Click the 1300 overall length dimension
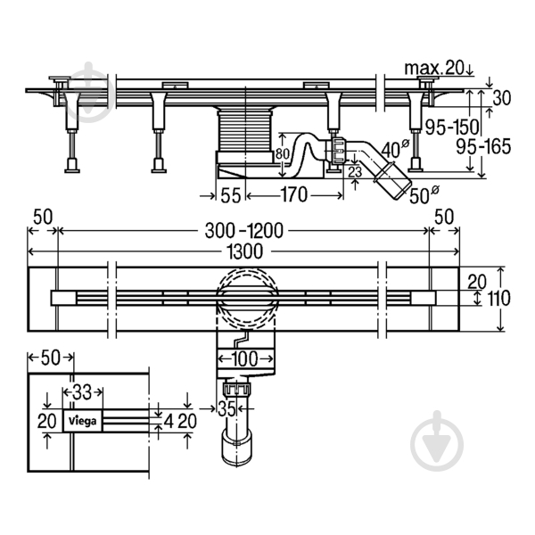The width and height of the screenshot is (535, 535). tap(244, 251)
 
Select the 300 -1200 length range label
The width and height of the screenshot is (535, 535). tap(244, 231)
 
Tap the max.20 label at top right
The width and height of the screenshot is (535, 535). tap(434, 69)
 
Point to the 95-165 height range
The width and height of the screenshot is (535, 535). tap(484, 147)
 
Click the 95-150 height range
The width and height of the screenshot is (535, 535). tap(451, 128)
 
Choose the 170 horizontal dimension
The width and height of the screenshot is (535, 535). tap(294, 194)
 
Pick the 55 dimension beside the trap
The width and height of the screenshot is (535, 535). tap(231, 195)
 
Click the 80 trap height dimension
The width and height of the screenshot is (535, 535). tap(283, 154)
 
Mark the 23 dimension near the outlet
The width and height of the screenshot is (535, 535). tap(355, 172)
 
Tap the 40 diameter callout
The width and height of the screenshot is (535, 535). tap(395, 149)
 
